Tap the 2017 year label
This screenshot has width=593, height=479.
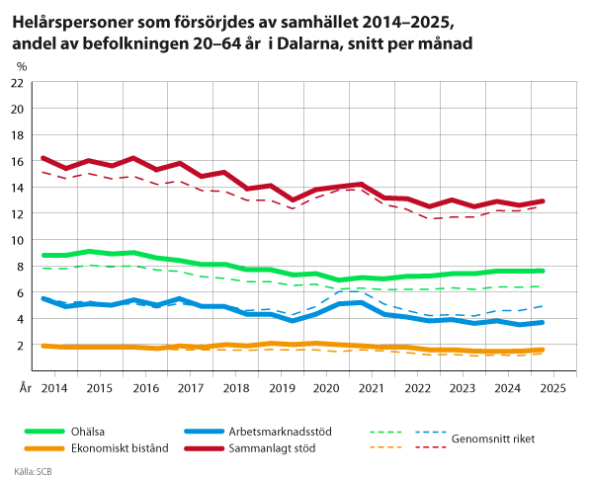pyautogui.click(x=190, y=390)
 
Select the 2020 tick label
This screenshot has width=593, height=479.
pyautogui.click(x=326, y=390)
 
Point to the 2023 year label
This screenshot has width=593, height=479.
pyautogui.click(x=463, y=390)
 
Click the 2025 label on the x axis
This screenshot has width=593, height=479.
pyautogui.click(x=553, y=390)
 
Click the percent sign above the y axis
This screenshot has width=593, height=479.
pyautogui.click(x=22, y=67)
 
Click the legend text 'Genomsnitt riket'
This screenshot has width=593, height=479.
pyautogui.click(x=493, y=438)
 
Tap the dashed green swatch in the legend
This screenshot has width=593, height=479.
pyautogui.click(x=385, y=432)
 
